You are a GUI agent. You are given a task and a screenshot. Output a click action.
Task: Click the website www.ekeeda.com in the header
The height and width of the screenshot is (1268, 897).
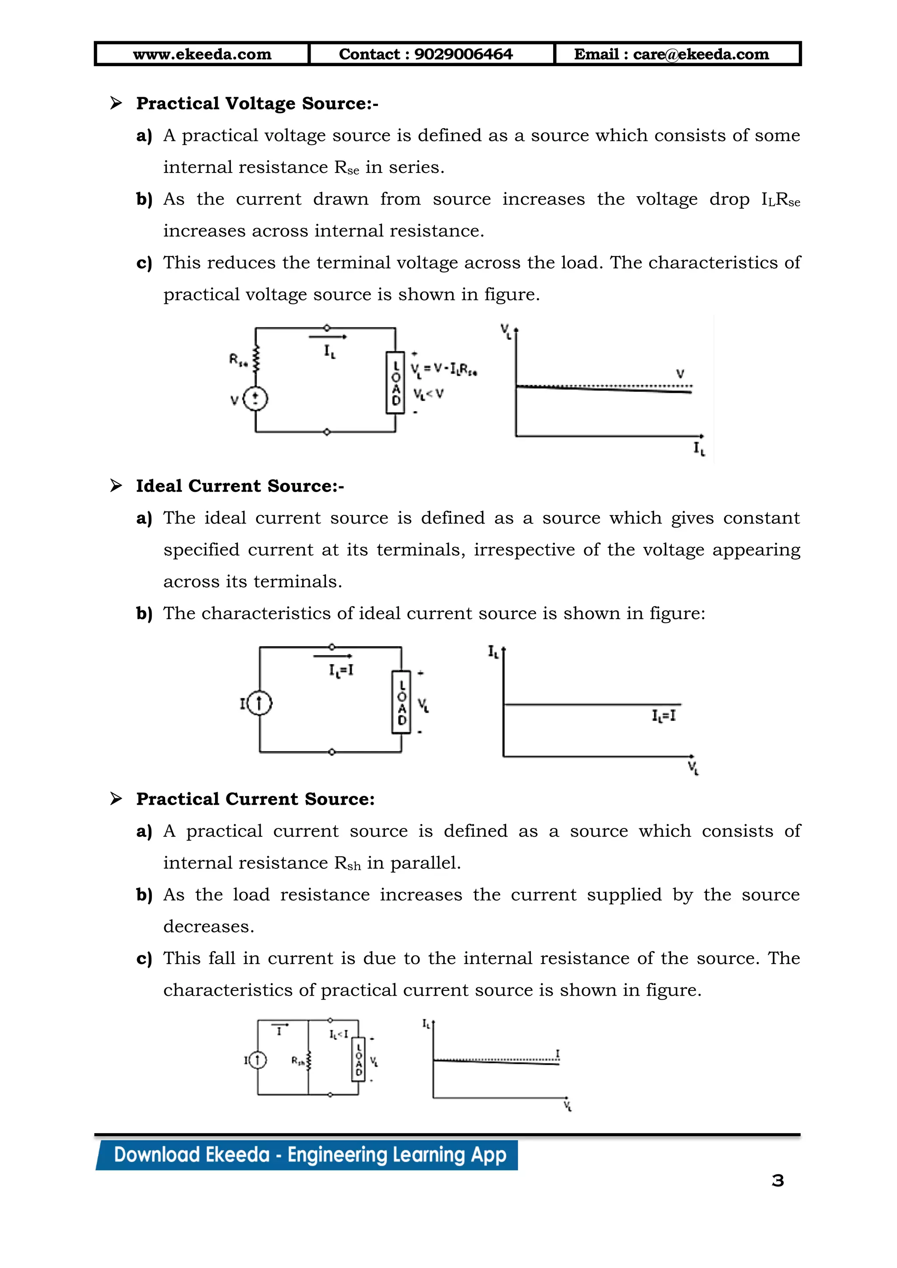tap(202, 54)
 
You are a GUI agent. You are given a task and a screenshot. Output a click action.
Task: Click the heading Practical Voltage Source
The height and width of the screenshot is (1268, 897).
tap(257, 103)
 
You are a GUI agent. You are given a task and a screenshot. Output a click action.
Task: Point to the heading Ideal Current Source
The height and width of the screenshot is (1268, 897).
tap(240, 486)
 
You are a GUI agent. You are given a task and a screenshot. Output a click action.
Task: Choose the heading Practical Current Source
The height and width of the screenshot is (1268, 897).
tap(255, 799)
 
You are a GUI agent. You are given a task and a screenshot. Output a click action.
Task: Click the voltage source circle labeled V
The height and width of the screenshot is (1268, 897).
tap(255, 399)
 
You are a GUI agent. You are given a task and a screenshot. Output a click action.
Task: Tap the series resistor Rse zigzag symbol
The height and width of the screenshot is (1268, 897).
tap(255, 359)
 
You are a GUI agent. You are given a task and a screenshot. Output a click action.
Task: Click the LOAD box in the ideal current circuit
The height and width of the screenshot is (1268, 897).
tap(402, 702)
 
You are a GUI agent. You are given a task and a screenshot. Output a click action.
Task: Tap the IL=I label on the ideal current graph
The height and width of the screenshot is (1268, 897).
tap(664, 716)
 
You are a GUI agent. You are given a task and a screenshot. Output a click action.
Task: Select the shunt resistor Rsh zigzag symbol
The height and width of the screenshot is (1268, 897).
tap(309, 1060)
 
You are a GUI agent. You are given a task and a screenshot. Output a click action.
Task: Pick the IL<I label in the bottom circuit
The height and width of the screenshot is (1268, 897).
tap(339, 1034)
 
